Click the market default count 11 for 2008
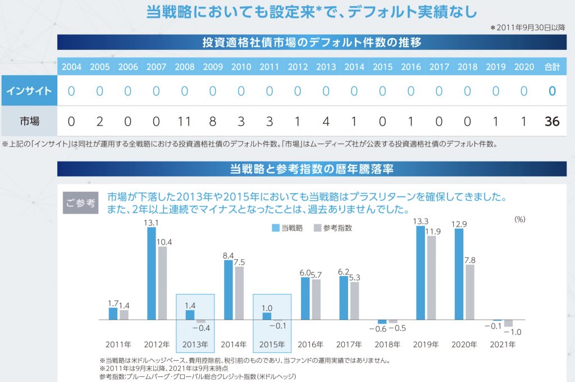coord(185,121)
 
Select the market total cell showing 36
coord(552,121)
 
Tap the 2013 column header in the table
coord(326,67)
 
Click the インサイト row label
coord(29,91)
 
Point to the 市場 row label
coord(29,121)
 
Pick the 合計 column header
coord(552,67)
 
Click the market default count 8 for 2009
coord(213,121)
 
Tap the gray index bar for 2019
coord(431,278)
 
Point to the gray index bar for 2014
coord(240,293)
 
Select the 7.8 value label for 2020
coord(470,260)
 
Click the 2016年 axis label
coord(311,344)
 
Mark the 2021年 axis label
coord(503,344)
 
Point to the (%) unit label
coord(519,219)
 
